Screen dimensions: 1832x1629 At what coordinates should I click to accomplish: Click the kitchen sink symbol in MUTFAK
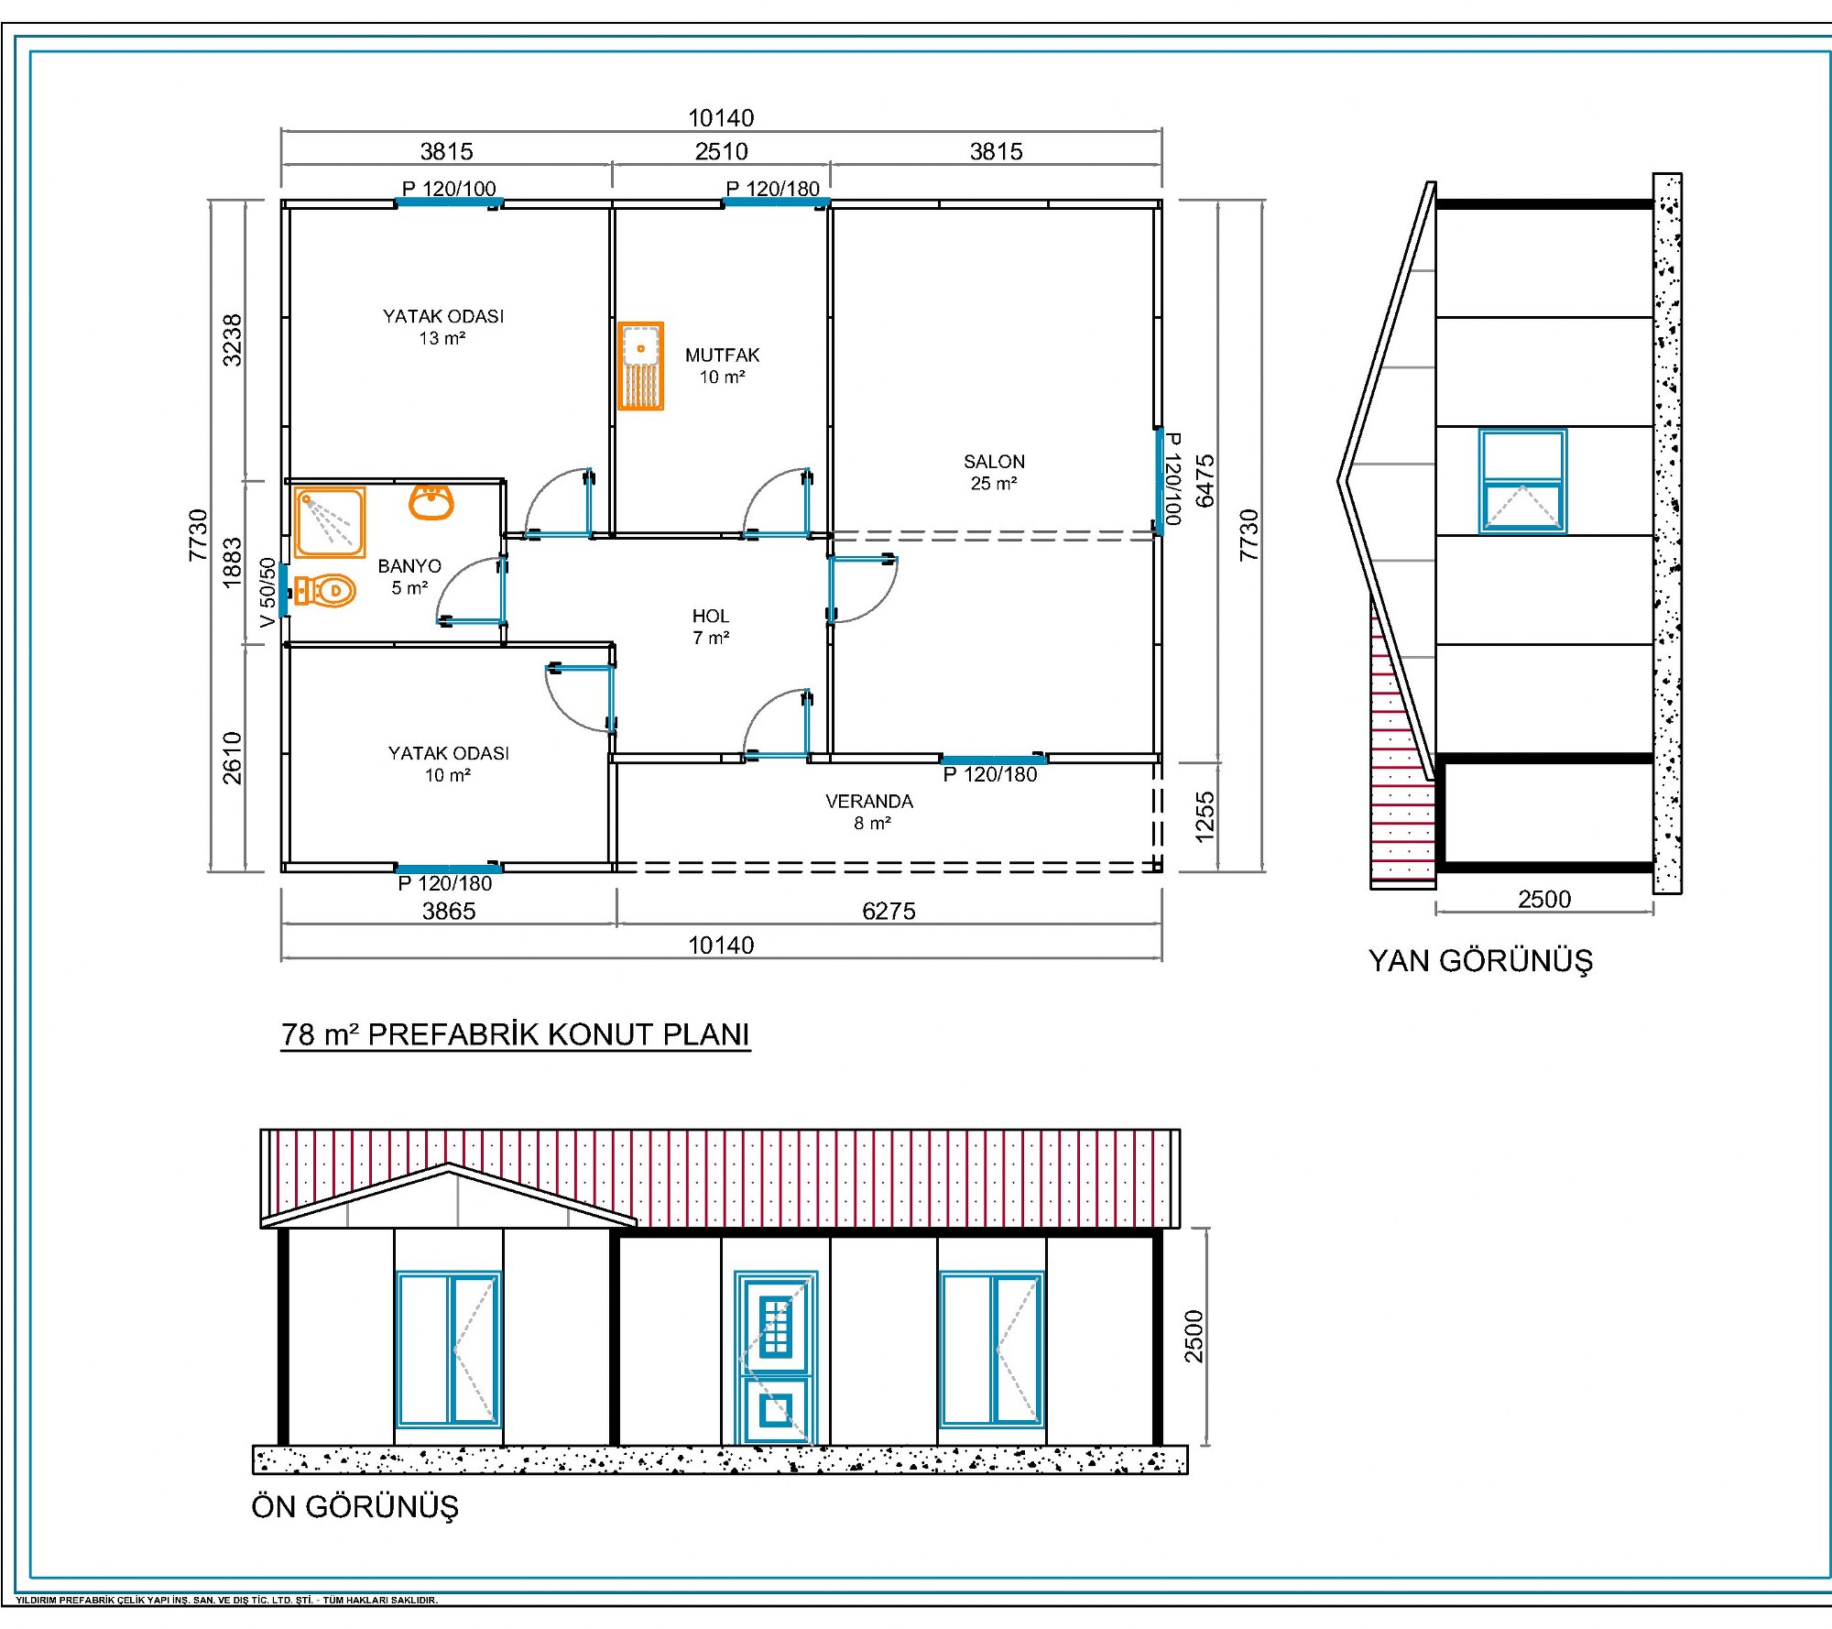(x=640, y=366)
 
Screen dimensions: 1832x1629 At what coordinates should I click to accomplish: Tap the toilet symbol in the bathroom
(x=325, y=591)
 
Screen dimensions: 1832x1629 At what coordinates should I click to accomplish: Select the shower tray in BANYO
(x=330, y=522)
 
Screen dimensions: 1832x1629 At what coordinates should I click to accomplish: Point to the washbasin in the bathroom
(x=431, y=502)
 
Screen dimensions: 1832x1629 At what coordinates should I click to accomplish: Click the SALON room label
(x=994, y=462)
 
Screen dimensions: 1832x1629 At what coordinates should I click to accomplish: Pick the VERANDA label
(x=869, y=802)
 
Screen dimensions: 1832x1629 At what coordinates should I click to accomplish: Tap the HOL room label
(x=711, y=617)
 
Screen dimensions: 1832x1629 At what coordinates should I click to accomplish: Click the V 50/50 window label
(x=267, y=593)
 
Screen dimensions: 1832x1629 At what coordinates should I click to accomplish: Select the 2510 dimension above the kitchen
(x=722, y=151)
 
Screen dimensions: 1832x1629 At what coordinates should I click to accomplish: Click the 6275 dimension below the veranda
(x=889, y=911)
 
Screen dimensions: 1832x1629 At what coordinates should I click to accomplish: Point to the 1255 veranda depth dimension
(x=1205, y=816)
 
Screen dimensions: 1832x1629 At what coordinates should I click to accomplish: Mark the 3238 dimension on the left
(x=233, y=340)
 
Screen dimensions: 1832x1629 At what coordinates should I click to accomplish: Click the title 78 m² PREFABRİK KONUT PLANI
(x=516, y=1034)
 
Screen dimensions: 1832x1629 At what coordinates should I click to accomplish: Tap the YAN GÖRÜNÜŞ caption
(x=1480, y=960)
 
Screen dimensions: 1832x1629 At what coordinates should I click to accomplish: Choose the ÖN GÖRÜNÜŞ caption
(x=355, y=1507)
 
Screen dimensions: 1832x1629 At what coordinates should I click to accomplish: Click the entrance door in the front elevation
(x=776, y=1358)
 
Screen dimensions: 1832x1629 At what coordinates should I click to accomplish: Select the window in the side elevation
(x=1522, y=481)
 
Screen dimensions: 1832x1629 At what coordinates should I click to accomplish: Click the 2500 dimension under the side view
(x=1544, y=899)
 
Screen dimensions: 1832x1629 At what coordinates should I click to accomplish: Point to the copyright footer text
(x=227, y=1601)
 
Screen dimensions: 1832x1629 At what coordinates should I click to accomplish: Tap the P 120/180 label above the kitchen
(x=772, y=189)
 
